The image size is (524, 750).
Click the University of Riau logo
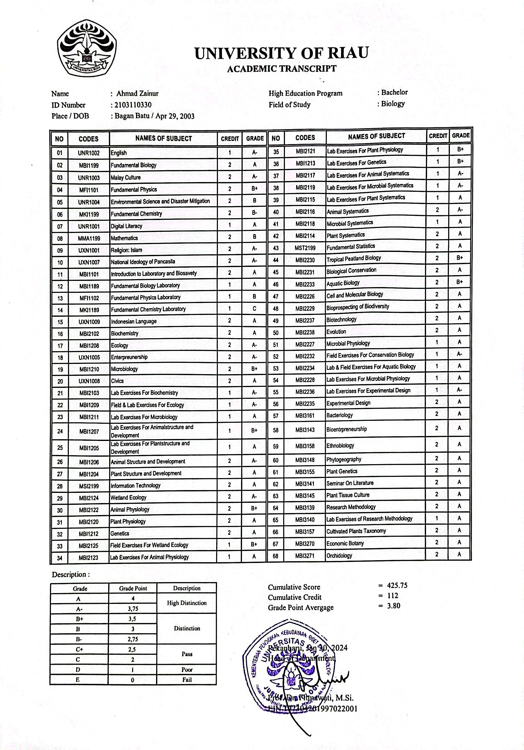pos(87,48)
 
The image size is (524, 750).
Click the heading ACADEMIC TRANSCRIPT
pos(281,69)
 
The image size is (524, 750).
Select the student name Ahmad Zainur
pos(137,94)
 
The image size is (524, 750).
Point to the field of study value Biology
pos(393,104)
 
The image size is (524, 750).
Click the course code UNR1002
pos(88,153)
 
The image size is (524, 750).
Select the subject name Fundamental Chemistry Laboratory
pos(148,309)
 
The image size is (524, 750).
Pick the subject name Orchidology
pos(339,555)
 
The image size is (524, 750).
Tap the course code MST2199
pos(305,248)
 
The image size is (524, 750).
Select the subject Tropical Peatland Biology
pos(353,258)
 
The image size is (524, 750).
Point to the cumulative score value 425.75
pos(397,585)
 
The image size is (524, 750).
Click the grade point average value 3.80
pos(393,606)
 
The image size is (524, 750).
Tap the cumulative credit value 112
pos(393,596)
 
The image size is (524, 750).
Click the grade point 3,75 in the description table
pos(133,609)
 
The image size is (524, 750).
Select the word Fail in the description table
pos(187,679)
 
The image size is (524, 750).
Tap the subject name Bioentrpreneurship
pos(347,429)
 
